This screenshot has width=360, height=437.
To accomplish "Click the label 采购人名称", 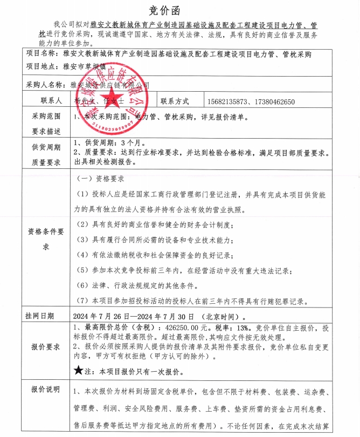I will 47,85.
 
